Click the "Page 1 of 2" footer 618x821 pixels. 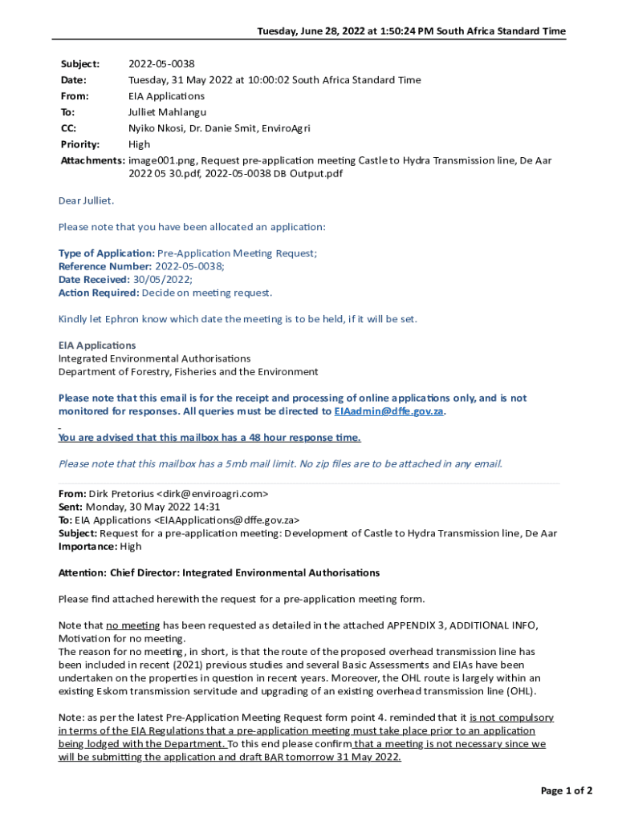tap(567, 791)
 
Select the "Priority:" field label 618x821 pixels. tap(80, 144)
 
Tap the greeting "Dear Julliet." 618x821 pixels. tap(87, 200)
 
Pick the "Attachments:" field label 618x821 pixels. tap(92, 160)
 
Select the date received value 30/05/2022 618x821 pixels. tap(162, 279)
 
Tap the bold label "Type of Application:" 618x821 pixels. tap(107, 253)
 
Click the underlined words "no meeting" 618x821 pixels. tap(133, 625)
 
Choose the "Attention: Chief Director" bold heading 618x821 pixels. tap(219, 573)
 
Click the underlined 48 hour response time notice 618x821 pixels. tap(209, 438)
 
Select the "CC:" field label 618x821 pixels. tap(69, 128)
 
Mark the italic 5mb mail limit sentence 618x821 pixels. tap(280, 463)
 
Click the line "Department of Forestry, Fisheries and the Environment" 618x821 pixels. tap(188, 372)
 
